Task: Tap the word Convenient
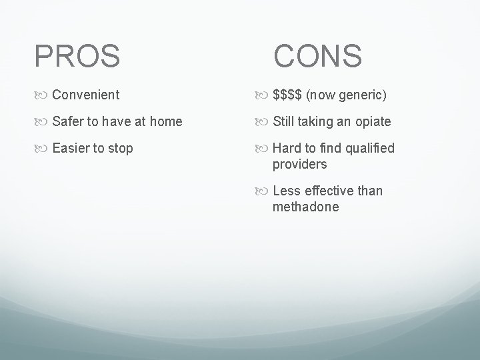click(86, 95)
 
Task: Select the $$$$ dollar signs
click(287, 95)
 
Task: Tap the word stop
click(120, 149)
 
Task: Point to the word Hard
click(287, 148)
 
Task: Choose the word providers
click(299, 164)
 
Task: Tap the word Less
click(287, 191)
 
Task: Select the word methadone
click(305, 207)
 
